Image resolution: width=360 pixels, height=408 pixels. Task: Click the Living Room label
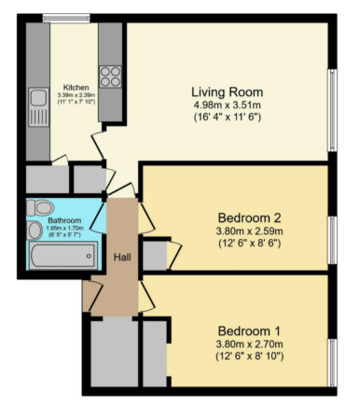click(227, 92)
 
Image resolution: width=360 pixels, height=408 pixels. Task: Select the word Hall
click(122, 257)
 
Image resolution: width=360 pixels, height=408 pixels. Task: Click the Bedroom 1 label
click(247, 331)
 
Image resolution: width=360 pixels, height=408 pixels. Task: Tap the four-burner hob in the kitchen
click(110, 77)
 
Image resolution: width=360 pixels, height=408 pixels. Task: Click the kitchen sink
click(38, 98)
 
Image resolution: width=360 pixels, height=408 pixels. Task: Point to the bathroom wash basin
click(35, 231)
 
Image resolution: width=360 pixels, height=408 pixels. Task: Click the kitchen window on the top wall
click(60, 16)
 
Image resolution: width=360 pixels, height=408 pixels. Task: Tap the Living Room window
click(331, 109)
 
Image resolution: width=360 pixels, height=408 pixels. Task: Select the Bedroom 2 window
click(331, 222)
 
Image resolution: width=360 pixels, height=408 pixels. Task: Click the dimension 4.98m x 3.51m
click(227, 106)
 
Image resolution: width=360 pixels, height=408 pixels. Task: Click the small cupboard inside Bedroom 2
click(154, 253)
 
